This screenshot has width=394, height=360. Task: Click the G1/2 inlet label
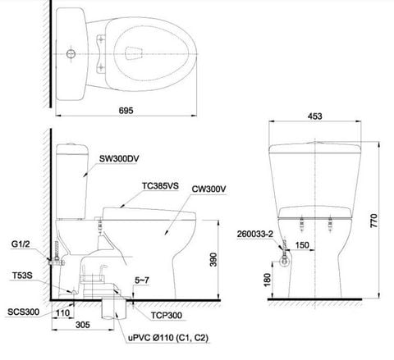tap(21, 244)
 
